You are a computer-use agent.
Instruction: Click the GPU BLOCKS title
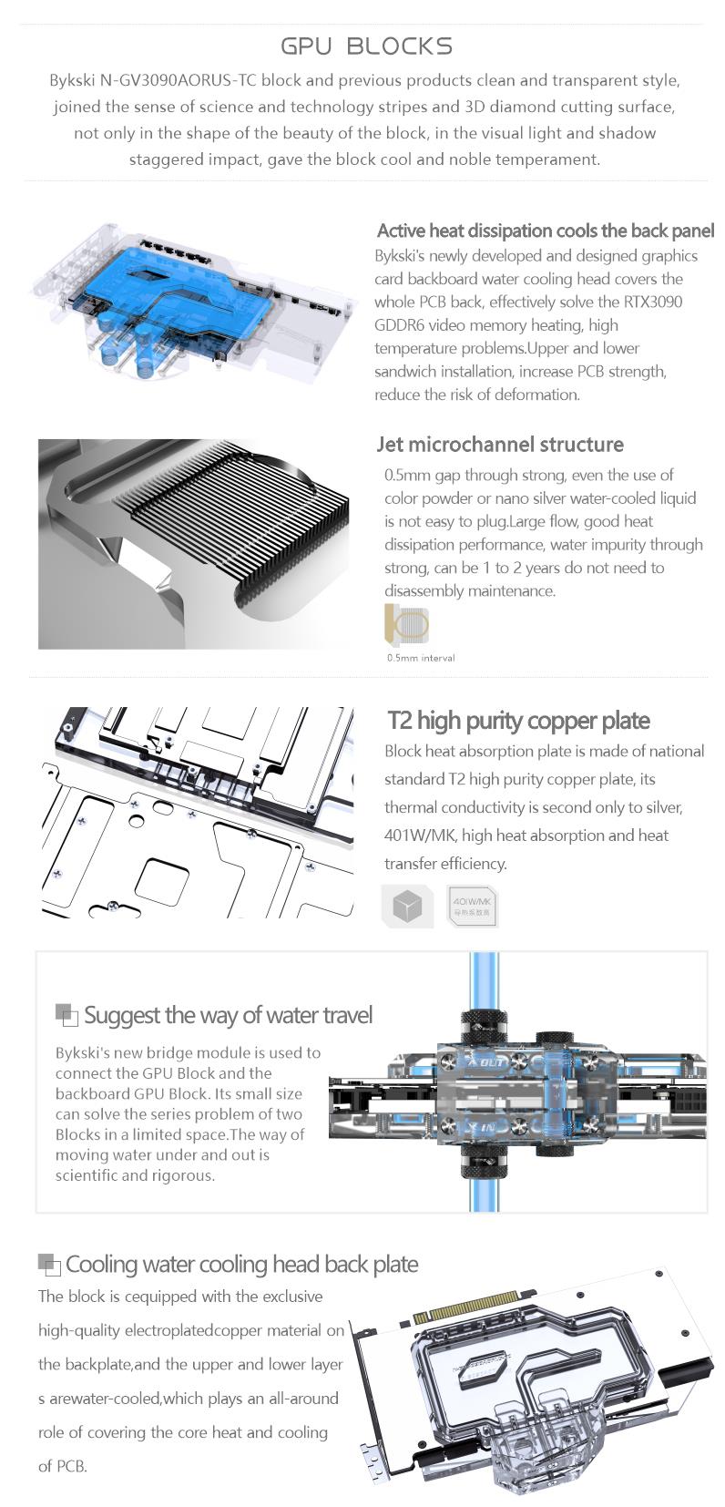click(366, 46)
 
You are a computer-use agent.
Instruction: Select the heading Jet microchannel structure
click(500, 445)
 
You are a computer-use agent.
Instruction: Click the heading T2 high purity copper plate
click(518, 722)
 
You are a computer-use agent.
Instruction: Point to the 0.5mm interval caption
click(421, 658)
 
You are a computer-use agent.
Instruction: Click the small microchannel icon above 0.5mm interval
click(406, 624)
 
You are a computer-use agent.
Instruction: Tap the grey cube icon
click(407, 907)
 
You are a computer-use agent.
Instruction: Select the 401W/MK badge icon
click(472, 907)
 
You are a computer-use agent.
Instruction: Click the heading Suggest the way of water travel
click(228, 1015)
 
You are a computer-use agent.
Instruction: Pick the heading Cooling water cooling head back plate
click(242, 1265)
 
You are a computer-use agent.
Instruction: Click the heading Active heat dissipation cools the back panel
click(546, 231)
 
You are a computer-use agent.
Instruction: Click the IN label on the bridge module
click(487, 1127)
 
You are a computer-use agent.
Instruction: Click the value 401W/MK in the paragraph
click(421, 836)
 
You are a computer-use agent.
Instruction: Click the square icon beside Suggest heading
click(66, 1015)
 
